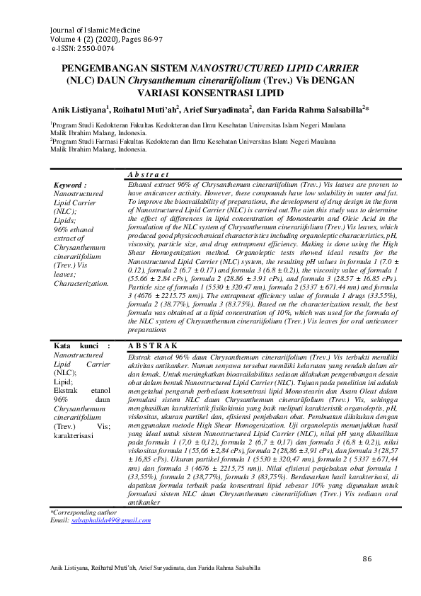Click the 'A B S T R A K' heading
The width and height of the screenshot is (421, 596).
152,345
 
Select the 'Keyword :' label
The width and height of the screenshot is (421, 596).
70,184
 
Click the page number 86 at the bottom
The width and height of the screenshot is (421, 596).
367,559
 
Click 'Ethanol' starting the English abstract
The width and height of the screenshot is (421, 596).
138,183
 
